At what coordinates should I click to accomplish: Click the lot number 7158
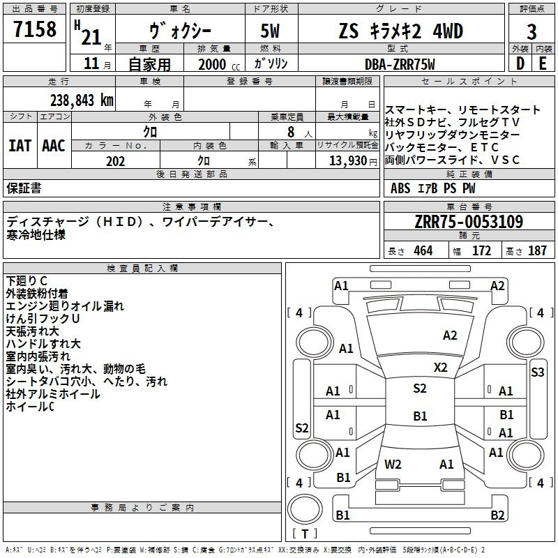pos(35,29)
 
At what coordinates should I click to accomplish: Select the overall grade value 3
pos(531,32)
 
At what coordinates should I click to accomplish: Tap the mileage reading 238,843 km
pos(82,100)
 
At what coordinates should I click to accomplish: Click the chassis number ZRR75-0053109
pos(469,221)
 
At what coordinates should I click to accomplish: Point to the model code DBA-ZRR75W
pos(400,64)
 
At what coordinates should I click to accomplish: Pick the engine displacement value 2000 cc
pos(219,64)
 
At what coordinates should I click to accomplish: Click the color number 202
pos(115,161)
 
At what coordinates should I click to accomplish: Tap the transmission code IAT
pos(20,146)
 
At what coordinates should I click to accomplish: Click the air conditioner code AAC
pos(54,146)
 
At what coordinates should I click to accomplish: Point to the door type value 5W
pos(270,31)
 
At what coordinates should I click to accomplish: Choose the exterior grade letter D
pos(520,63)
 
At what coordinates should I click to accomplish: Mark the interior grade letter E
pos(543,63)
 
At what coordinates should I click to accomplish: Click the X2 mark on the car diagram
pos(440,368)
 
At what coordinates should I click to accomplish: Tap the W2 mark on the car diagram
pos(393,464)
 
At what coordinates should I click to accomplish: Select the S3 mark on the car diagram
pos(537,372)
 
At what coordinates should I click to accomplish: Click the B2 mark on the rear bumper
pos(497,515)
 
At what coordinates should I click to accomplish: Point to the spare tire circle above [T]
pos(305,509)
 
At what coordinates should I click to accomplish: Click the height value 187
pos(537,250)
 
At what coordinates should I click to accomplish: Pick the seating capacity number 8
pos(291,132)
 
